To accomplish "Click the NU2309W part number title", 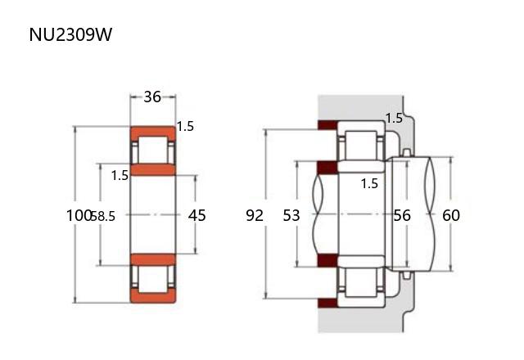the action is click(x=70, y=34).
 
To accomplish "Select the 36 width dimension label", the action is click(x=152, y=97).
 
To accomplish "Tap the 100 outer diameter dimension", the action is click(x=79, y=215).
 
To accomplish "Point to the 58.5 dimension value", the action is click(x=103, y=216).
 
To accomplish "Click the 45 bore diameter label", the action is click(x=196, y=215).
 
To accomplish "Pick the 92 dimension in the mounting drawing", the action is click(x=255, y=215).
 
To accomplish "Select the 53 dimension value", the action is click(x=291, y=215).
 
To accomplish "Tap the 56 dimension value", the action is click(x=402, y=215).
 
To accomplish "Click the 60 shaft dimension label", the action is click(x=451, y=215).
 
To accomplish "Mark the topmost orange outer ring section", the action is click(x=153, y=133).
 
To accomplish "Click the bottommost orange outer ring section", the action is click(x=153, y=295).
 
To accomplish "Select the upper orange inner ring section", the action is click(x=153, y=169).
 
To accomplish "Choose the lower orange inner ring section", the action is click(x=153, y=259).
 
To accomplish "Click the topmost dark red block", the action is click(x=327, y=125).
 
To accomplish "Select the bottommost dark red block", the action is click(x=327, y=304).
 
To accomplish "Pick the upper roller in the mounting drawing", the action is click(x=361, y=146).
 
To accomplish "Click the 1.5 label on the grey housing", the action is click(x=394, y=118).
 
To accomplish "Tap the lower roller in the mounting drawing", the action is click(x=361, y=282).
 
